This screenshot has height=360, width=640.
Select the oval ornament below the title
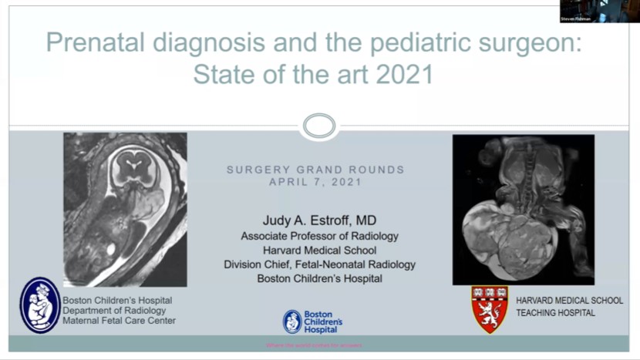pos(319,126)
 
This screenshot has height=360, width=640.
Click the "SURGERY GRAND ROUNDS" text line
pos(315,170)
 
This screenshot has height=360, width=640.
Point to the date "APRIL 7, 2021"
pos(315,182)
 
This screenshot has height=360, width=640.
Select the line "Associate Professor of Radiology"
pos(319,236)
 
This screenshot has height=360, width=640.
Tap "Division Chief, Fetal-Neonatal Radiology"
pos(319,264)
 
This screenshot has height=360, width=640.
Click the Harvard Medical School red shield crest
pos(490,308)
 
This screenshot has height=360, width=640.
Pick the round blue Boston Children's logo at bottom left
pos(39,305)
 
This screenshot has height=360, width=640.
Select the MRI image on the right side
pos(523,210)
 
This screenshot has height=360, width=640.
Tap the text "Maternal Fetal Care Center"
pos(119,321)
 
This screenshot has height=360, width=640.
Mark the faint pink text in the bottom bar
pos(319,345)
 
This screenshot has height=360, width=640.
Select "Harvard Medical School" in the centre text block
pos(319,250)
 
